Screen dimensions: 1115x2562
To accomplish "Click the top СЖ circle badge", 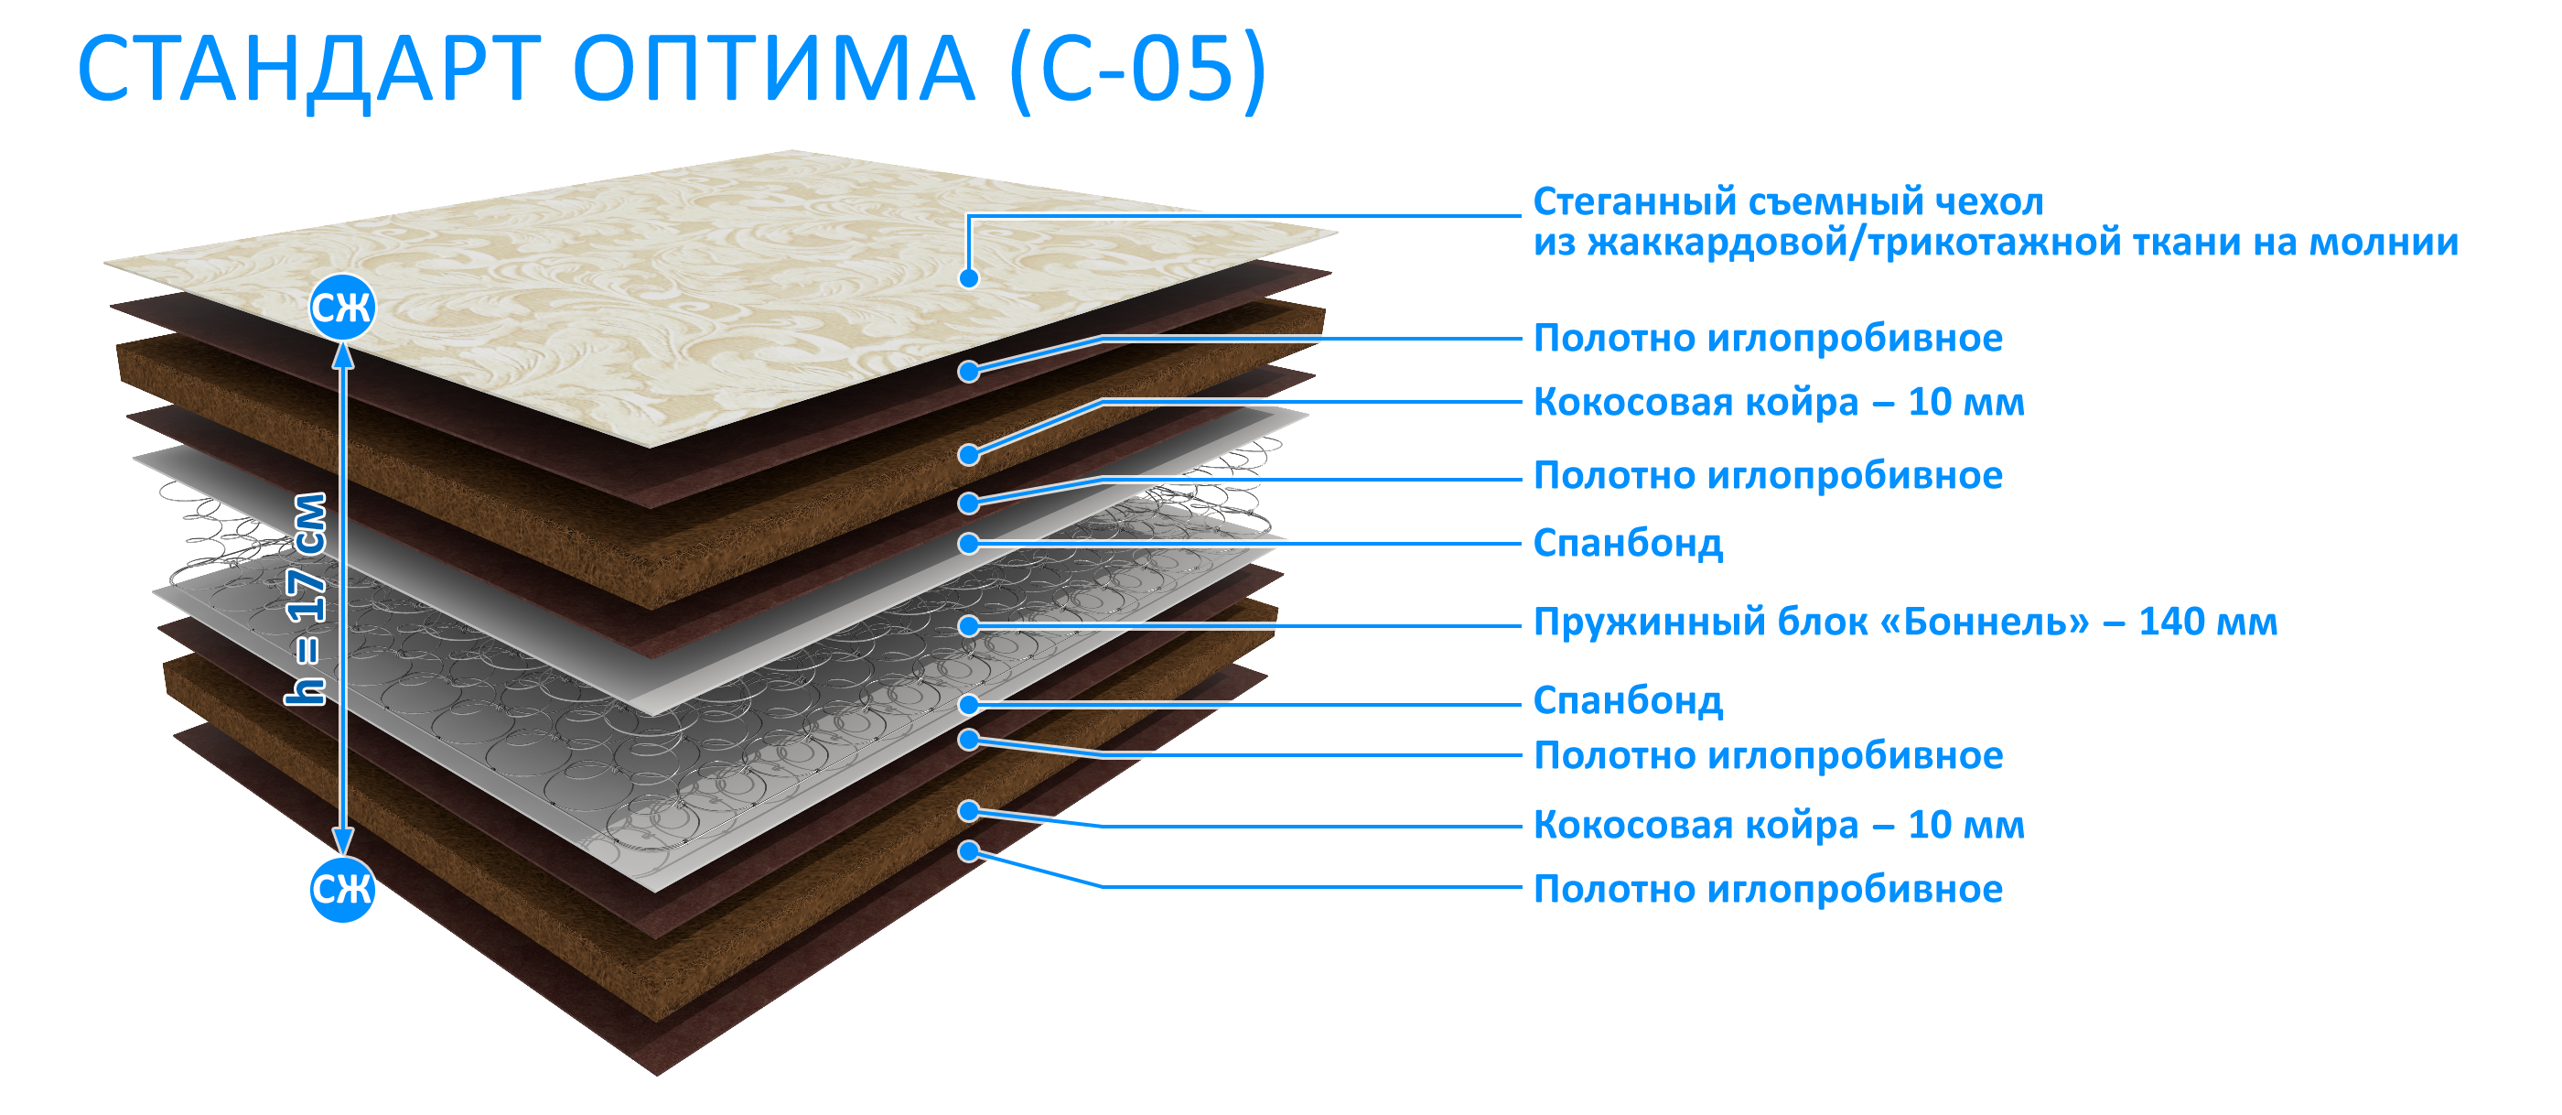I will click(x=341, y=308).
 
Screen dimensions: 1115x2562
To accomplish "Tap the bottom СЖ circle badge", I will click(x=341, y=888).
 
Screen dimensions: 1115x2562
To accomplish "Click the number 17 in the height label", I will click(x=307, y=595).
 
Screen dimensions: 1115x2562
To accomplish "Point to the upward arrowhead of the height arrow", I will click(x=342, y=354).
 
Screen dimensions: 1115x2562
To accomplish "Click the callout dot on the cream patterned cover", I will click(x=969, y=278).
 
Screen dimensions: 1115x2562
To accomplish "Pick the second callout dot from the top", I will click(x=969, y=372).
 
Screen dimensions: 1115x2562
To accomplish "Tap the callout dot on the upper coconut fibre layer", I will click(x=969, y=456).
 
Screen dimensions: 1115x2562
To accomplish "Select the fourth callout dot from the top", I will click(x=969, y=504).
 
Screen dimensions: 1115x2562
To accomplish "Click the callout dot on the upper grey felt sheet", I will click(x=969, y=544).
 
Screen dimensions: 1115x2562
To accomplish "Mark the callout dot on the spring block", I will click(x=969, y=625).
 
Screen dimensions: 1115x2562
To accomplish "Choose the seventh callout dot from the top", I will click(x=969, y=704).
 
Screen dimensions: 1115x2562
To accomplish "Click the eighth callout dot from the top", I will click(x=969, y=740).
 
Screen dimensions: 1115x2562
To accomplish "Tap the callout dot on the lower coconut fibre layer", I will click(x=969, y=812).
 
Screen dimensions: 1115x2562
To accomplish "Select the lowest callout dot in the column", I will click(x=969, y=851).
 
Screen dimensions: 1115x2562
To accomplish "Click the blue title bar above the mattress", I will click(x=673, y=72).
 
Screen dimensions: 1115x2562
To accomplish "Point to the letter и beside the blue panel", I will click(x=2449, y=244).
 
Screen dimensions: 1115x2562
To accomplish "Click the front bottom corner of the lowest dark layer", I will click(x=657, y=1072).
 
